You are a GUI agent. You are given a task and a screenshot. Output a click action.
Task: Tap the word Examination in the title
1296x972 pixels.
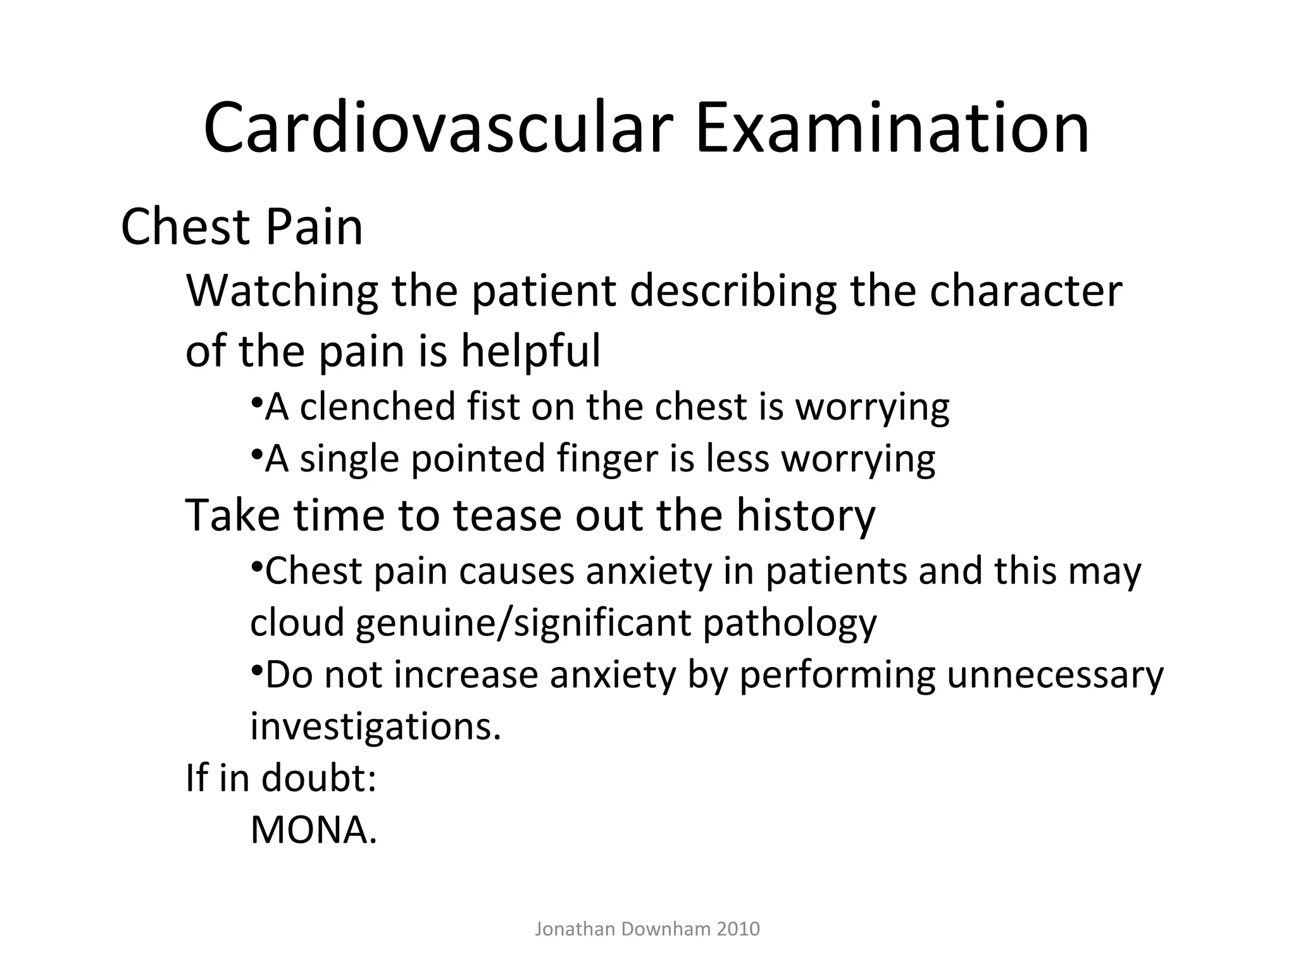tap(892, 128)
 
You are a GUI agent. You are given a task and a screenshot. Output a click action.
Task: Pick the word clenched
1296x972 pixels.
tap(378, 406)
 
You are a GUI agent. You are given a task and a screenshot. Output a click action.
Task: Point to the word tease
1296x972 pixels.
tap(507, 515)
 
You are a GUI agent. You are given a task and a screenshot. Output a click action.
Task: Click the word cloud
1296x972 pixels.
tap(297, 623)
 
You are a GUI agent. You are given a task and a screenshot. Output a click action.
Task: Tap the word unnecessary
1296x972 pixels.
tap(1055, 675)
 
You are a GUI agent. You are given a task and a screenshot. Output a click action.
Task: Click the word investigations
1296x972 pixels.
tap(376, 727)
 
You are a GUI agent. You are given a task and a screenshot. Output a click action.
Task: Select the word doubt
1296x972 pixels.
tap(319, 778)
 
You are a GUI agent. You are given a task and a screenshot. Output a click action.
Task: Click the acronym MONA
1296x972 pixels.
tap(313, 830)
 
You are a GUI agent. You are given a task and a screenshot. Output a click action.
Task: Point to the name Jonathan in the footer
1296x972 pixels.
tap(575, 929)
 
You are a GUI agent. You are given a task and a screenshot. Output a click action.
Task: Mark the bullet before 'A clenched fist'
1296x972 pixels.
tap(256, 402)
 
